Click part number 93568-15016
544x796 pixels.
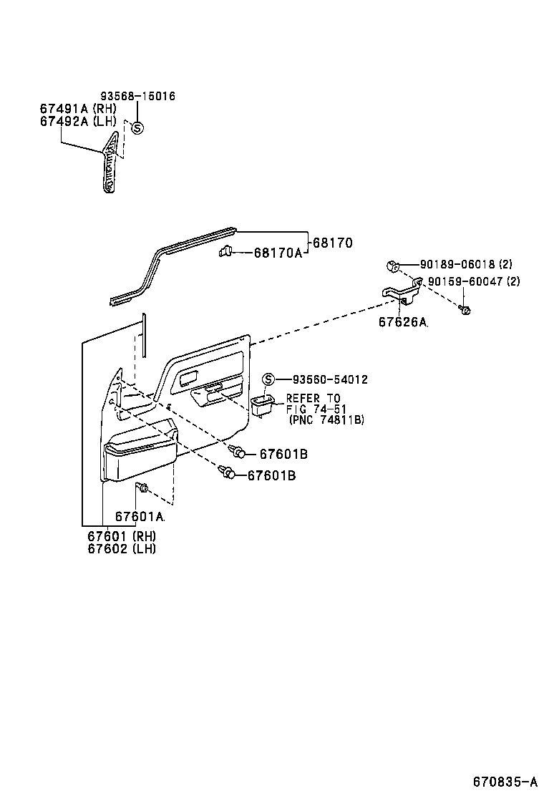(137, 96)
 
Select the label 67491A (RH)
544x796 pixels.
(77, 108)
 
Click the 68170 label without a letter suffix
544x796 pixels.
(332, 243)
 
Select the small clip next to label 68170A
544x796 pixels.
(225, 251)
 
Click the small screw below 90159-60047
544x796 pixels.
(465, 311)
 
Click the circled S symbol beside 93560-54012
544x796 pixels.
(268, 379)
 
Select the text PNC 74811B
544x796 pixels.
(327, 420)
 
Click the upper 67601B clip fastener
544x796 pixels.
(239, 452)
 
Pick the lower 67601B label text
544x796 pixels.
(271, 475)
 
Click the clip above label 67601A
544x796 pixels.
(142, 489)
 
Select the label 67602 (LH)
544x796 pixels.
(121, 549)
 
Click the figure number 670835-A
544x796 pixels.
(504, 780)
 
